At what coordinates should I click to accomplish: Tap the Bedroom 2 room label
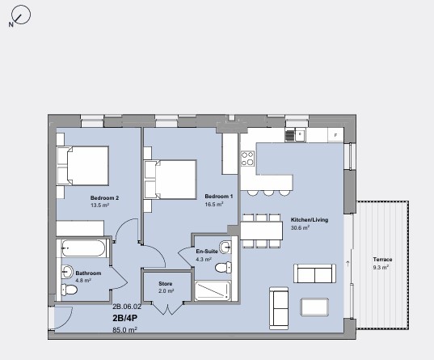[104, 198]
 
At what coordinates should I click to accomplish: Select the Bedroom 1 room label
[218, 197]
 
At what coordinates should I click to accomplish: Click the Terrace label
[382, 259]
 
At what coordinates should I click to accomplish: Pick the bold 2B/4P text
[125, 318]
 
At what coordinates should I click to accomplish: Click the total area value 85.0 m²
[124, 330]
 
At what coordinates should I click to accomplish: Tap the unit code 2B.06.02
[126, 307]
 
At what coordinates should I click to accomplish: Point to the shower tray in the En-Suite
[212, 290]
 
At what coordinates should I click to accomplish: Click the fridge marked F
[335, 134]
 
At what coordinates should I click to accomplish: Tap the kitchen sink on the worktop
[300, 135]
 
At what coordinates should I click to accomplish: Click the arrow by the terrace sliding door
[348, 262]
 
